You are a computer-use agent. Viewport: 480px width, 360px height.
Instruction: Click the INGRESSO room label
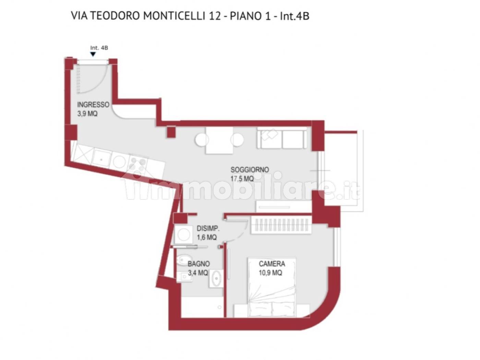93,105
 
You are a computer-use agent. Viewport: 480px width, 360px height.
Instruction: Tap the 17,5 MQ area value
242,178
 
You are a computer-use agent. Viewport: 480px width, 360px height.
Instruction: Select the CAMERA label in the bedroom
272,264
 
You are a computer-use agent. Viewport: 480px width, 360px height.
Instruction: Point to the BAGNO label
199,264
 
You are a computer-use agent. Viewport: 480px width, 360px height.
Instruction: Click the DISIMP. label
208,228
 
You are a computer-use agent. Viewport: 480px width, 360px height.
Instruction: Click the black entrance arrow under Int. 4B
93,54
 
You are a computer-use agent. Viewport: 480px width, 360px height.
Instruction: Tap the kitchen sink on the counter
102,158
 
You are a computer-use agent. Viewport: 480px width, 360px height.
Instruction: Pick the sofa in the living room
282,139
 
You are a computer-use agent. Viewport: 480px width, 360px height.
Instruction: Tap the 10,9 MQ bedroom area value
271,273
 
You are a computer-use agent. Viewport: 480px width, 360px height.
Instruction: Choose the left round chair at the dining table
202,140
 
